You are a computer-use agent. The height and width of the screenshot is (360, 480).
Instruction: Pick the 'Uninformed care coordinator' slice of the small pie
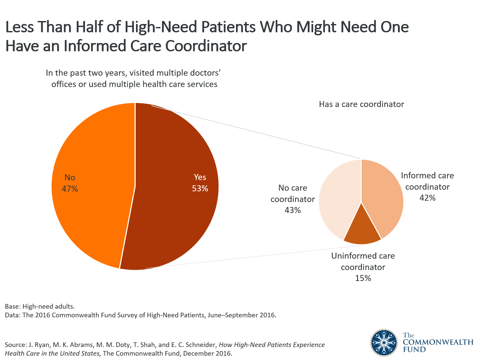coord(362,232)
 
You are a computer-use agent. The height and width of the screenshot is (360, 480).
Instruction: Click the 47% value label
coord(70,189)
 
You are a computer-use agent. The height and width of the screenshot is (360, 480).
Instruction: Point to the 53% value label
coord(200,189)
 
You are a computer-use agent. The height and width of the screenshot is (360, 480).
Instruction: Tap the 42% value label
coord(427,198)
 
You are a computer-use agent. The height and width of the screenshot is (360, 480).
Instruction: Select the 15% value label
coord(363,278)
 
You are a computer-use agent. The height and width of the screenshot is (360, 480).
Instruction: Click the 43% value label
coord(293,210)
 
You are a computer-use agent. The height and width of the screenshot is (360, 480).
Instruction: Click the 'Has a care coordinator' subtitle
coord(361,104)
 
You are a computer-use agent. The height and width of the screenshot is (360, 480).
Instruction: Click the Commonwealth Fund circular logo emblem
coord(384,342)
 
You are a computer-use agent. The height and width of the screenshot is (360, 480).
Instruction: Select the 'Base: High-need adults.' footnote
coord(40,306)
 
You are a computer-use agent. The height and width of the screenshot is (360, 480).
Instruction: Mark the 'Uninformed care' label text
coord(363,256)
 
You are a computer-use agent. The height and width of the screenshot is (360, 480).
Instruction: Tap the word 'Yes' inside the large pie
coord(200,177)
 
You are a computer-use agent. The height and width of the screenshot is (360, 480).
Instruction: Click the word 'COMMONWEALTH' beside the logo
coord(438,342)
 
